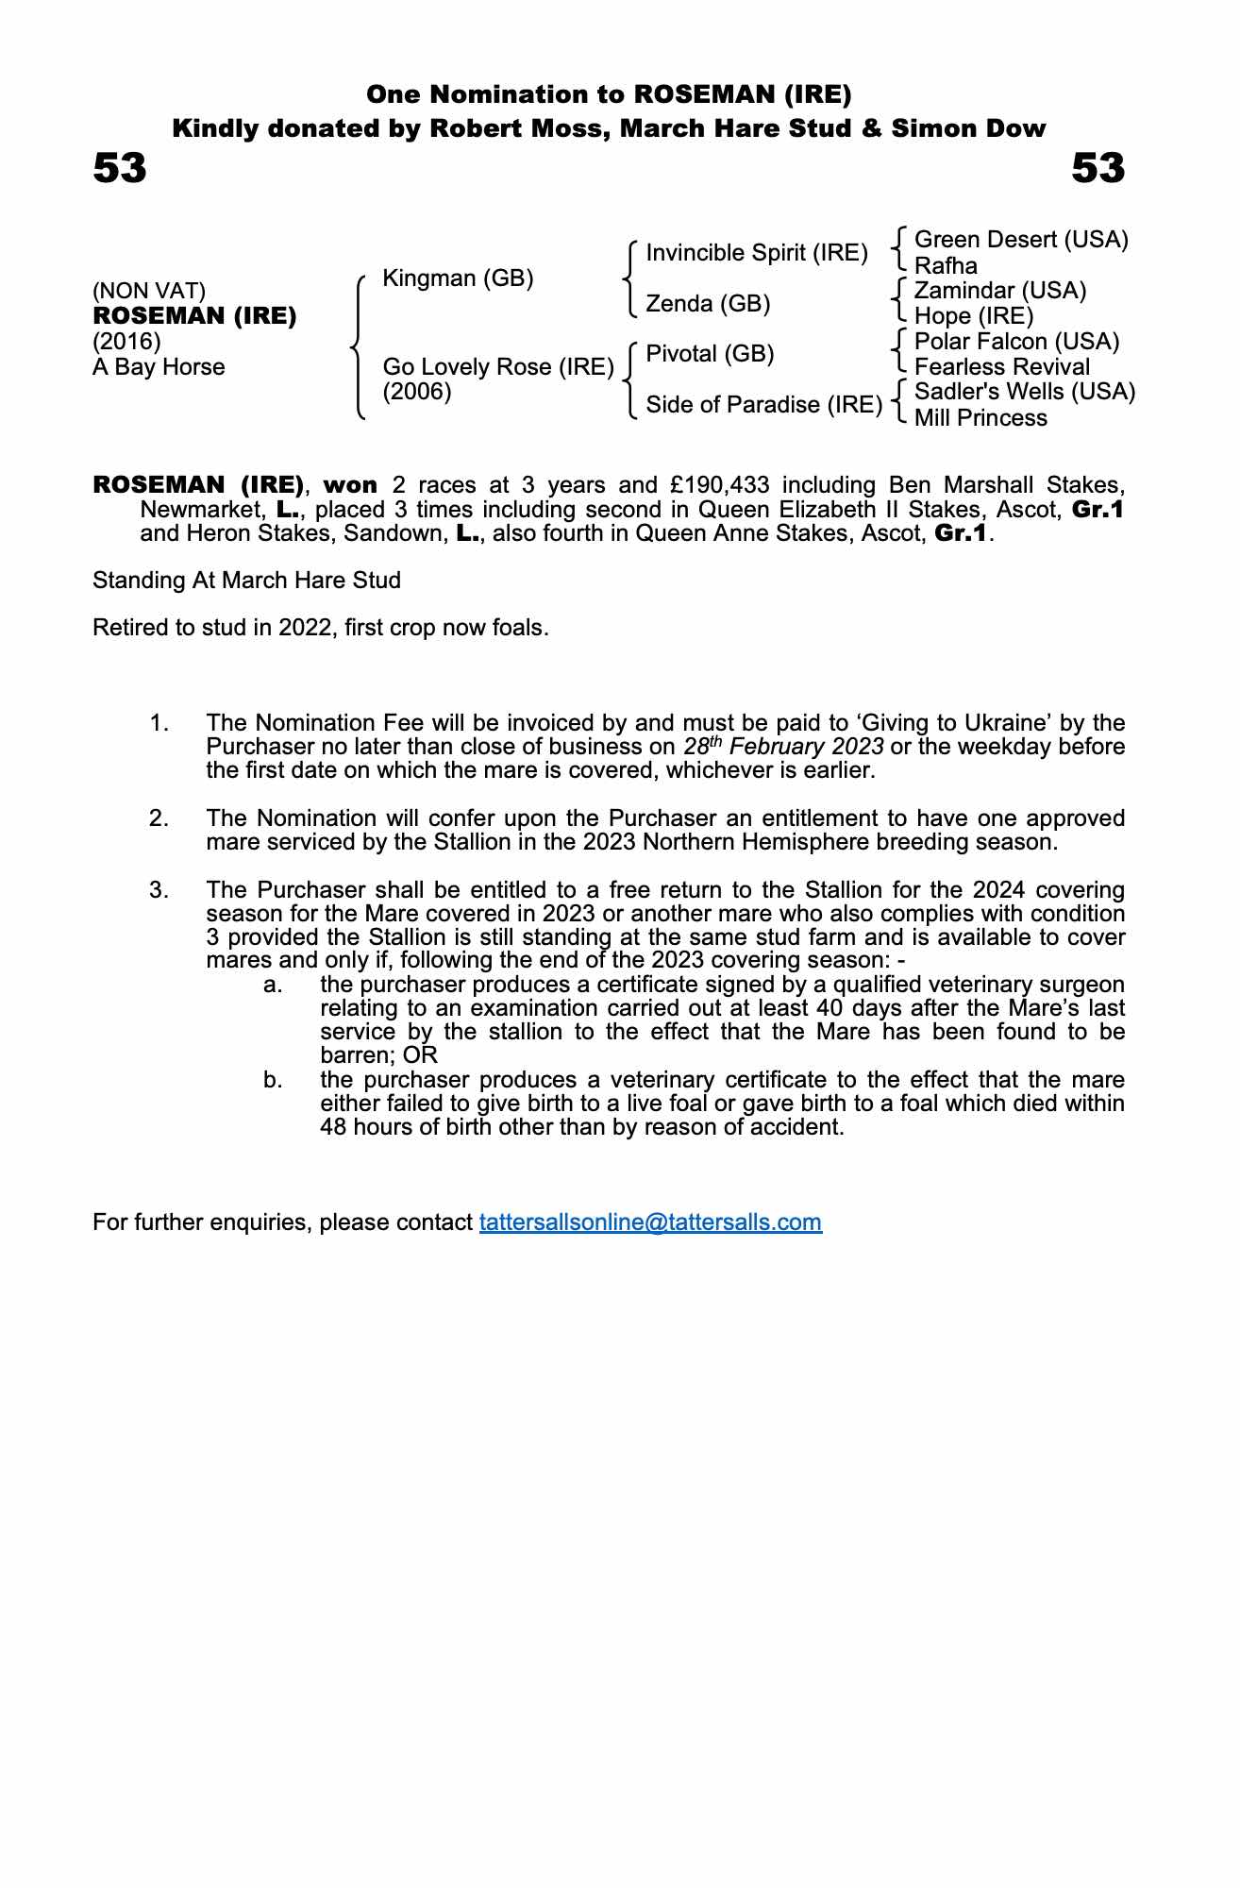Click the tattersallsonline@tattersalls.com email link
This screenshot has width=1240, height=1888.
coord(650,1222)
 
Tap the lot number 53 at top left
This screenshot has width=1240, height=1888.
coord(120,169)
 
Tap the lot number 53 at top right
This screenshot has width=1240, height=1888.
coord(1098,169)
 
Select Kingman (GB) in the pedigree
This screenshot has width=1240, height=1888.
coord(458,278)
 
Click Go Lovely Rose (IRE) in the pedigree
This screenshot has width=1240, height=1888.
coord(498,367)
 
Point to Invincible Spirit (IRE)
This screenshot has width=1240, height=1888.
coord(757,253)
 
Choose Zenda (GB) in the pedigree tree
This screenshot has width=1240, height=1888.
coord(708,304)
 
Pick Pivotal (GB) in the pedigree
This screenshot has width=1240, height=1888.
coord(710,354)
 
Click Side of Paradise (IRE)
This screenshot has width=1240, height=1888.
coord(763,405)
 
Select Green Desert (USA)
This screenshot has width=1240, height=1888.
coord(1021,240)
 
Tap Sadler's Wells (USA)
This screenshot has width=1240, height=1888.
coord(1025,392)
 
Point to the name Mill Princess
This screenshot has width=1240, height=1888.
coord(980,418)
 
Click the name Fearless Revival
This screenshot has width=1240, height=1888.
coord(1002,367)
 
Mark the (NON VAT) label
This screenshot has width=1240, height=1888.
coord(149,292)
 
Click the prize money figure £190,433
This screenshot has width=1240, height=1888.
coord(720,485)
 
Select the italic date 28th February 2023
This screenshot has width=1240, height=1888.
coord(783,747)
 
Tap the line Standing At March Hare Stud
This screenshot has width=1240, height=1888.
coord(246,581)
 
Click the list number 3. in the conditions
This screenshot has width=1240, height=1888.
coord(159,890)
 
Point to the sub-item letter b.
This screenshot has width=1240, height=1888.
coord(274,1080)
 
